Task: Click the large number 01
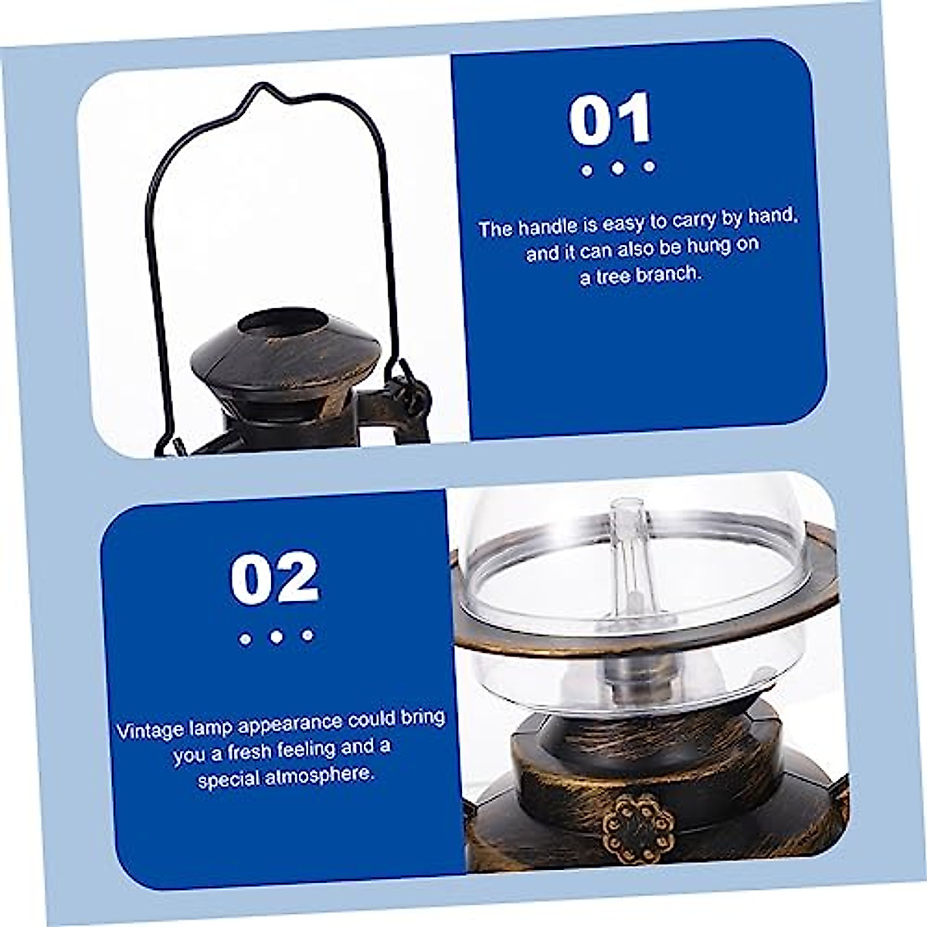click(611, 121)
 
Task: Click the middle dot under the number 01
click(617, 167)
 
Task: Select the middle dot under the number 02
click(277, 637)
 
